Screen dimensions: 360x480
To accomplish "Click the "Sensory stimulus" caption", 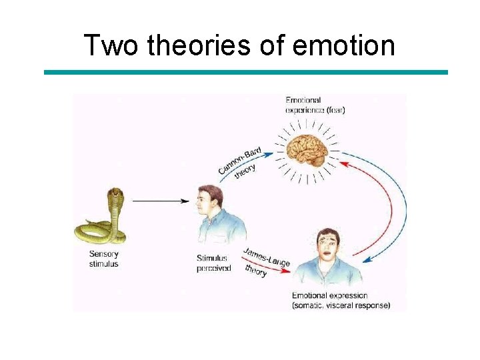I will point(104,259).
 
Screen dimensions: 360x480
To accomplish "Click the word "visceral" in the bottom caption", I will point(351,306).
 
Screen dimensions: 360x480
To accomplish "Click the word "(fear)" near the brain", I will point(335,109).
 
